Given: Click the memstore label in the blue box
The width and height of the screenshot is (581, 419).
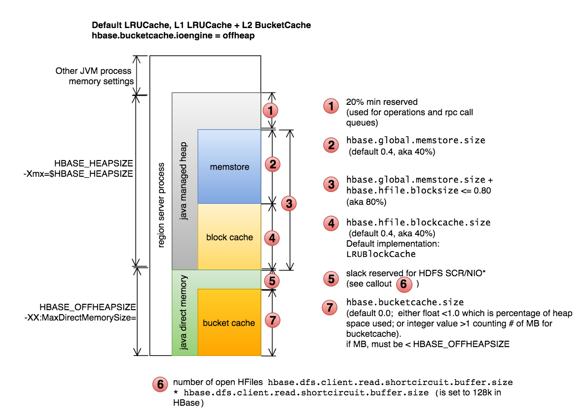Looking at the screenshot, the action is (x=229, y=167).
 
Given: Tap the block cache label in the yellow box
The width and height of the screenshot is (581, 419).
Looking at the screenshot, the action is (x=229, y=237).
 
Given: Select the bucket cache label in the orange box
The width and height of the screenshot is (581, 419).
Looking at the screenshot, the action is (x=229, y=323).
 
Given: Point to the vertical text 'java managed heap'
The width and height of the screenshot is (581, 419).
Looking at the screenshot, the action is (x=183, y=181).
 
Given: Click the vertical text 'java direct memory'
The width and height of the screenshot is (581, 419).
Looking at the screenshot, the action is (x=183, y=312).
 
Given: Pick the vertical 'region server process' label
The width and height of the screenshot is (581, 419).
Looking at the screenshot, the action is (x=161, y=205).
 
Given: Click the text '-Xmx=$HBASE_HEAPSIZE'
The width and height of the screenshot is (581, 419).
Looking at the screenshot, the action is (x=78, y=173).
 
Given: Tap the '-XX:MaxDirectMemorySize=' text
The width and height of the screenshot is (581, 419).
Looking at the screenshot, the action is (x=80, y=317).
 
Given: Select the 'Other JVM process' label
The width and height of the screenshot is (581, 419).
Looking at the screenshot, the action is (x=93, y=70).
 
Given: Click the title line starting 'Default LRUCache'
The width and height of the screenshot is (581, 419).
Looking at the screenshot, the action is (x=201, y=25).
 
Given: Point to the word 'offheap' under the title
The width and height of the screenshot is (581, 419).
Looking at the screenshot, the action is (x=239, y=35).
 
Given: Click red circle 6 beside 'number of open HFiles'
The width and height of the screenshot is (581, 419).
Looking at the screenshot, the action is (x=160, y=385).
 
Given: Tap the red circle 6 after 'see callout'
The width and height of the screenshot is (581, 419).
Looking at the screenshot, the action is (x=404, y=284).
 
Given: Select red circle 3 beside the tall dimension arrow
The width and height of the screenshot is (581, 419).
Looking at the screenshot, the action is (x=289, y=203).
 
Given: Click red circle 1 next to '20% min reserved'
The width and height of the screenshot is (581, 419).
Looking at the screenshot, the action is (x=331, y=106).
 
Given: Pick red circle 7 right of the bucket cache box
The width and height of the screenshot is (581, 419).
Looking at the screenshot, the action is (x=273, y=320).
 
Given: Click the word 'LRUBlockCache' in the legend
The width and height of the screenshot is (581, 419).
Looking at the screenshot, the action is (x=381, y=254).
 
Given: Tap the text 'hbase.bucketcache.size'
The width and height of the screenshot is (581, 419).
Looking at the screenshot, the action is (x=405, y=302).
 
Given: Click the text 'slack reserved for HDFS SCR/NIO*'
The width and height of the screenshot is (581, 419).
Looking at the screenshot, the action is (x=416, y=273).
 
